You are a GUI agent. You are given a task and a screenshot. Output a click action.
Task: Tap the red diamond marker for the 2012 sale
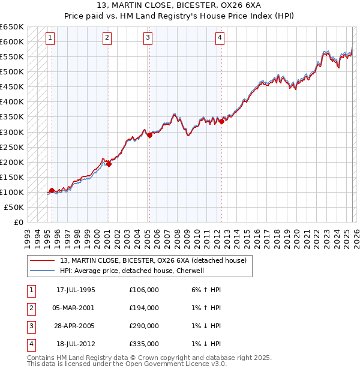coord(221,121)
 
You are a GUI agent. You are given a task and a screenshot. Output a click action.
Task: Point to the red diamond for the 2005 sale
coord(149,135)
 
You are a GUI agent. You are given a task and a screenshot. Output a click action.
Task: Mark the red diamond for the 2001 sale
coord(109,164)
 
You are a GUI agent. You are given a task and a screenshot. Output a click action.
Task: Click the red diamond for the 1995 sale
coord(52,190)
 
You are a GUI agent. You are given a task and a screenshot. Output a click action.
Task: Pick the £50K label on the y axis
coord(14,207)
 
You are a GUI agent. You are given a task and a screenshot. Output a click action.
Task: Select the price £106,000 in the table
coord(144,290)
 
